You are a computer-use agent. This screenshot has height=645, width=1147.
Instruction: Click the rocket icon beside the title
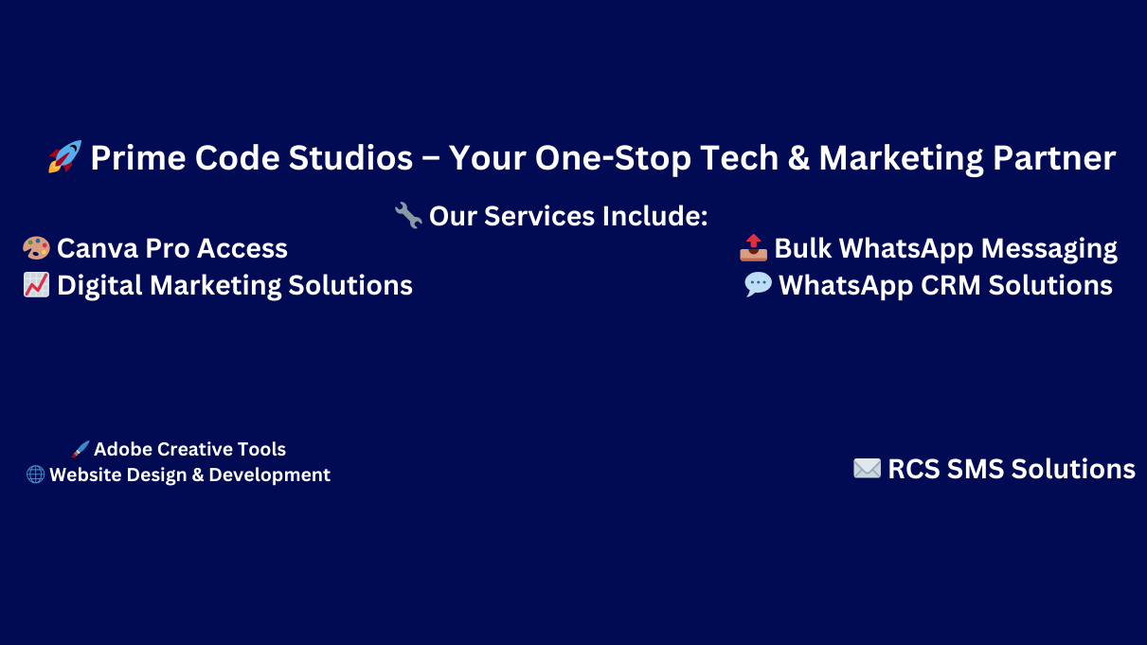tap(64, 156)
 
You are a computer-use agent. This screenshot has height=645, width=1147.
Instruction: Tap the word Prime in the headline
tap(138, 157)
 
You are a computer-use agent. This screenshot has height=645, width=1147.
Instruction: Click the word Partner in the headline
tap(1054, 157)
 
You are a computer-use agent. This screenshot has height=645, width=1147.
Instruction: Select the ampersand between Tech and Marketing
tap(798, 157)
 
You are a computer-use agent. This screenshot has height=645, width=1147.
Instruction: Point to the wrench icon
tap(408, 215)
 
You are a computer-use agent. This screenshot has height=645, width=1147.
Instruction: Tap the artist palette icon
tap(36, 248)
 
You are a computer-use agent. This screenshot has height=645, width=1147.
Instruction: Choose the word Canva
tap(98, 249)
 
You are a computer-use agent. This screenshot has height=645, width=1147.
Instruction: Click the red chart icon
tap(36, 285)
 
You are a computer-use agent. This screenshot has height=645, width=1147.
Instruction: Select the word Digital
tap(99, 286)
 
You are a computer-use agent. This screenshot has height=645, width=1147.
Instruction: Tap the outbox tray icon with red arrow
tap(754, 248)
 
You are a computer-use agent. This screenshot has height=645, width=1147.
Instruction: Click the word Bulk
tap(802, 249)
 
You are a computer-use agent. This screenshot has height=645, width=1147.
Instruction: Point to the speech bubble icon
tap(759, 284)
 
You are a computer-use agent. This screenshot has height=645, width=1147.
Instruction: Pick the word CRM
tap(950, 286)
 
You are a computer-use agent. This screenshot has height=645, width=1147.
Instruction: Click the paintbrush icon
tap(81, 449)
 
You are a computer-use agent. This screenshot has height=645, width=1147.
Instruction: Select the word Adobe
tap(123, 449)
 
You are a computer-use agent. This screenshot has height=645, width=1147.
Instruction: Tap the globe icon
tap(35, 475)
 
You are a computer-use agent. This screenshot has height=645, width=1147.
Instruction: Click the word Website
tap(85, 475)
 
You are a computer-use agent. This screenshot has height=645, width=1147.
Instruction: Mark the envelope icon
tap(868, 469)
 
